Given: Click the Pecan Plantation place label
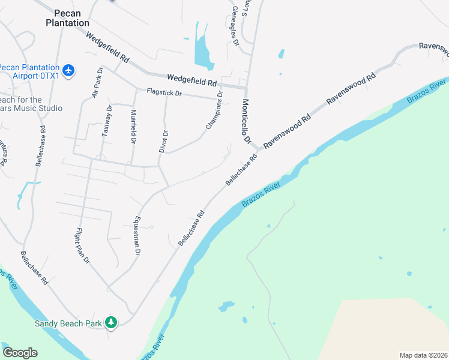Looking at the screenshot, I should pos(67,18).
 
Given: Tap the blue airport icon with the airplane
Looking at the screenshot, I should pos(69,71).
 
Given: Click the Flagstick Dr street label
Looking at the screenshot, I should pos(175,95).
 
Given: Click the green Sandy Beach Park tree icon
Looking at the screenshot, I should pos(110,323).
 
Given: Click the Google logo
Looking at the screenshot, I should pos(20,353).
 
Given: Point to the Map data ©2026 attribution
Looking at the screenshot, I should pos(423,355).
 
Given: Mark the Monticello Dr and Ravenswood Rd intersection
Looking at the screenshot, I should pos(257,148).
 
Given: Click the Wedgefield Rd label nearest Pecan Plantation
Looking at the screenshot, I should pos(108,48).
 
